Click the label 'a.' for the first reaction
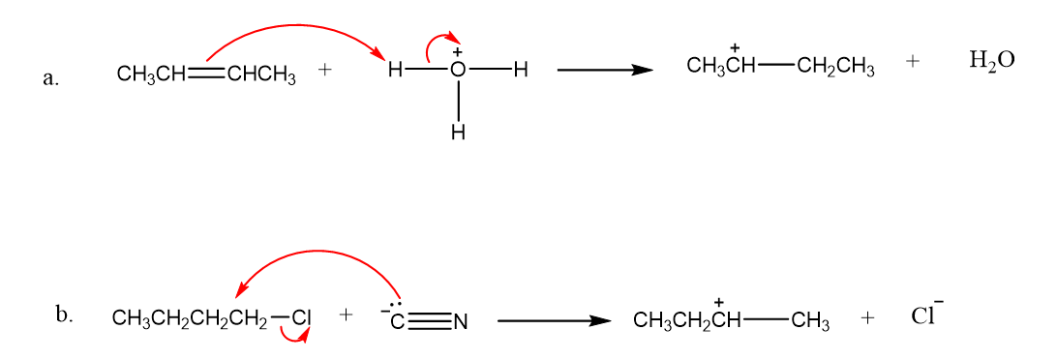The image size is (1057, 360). pos(50,78)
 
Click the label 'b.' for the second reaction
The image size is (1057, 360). pos(65,315)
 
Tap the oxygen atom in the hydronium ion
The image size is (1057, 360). pos(459,70)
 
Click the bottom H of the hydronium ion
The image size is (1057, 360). pos(459,134)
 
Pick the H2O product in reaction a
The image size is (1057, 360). pos(991,61)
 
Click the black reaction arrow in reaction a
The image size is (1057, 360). pos(605,70)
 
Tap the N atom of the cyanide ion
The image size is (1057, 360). pos(461,323)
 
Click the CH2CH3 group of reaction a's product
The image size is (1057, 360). pos(835,69)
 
